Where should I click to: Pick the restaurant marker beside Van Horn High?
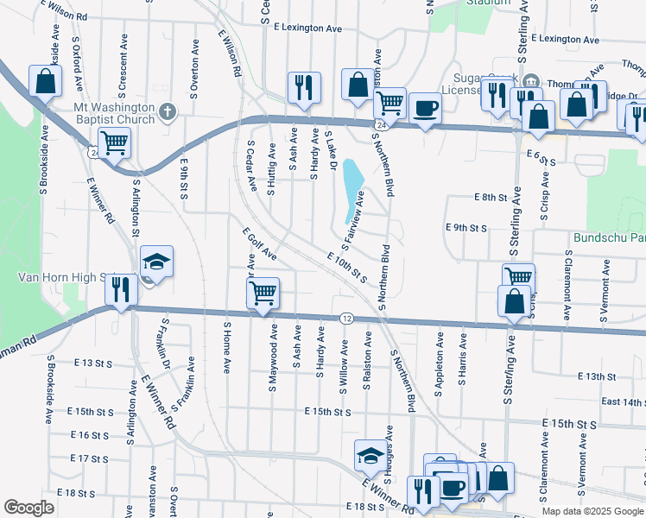point(121,288)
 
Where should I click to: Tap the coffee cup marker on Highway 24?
point(425,109)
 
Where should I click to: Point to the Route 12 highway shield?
point(346,319)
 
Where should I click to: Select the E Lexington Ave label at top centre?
point(308,28)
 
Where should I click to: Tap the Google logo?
point(28,508)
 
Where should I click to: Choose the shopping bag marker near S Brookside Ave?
point(46,81)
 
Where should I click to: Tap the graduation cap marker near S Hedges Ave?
point(370,454)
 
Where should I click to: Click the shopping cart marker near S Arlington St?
point(114,142)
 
